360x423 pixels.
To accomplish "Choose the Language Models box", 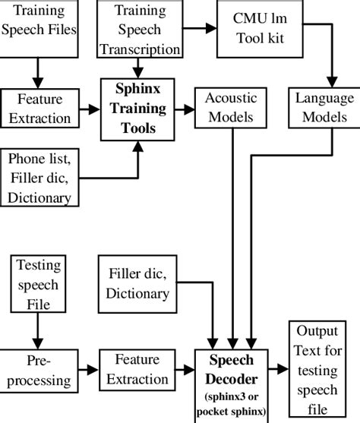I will pyautogui.click(x=324, y=107).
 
